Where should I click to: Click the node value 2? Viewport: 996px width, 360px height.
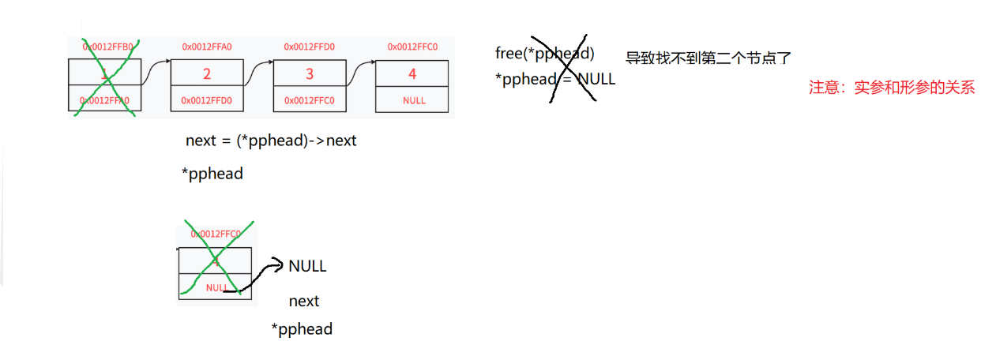point(207,74)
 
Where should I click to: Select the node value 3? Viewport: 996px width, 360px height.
point(309,74)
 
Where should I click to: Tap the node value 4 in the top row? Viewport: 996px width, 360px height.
point(412,74)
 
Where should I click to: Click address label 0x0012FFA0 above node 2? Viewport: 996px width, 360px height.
point(207,47)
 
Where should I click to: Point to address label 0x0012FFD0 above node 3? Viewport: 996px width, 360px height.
point(309,47)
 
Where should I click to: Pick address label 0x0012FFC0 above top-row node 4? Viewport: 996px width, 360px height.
point(412,47)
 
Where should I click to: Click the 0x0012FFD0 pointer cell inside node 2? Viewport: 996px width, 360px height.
point(207,100)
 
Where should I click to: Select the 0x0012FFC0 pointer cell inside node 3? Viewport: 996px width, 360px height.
point(309,100)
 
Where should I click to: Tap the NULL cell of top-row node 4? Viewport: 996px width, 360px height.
point(413,100)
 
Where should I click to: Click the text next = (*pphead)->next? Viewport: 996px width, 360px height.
point(271,141)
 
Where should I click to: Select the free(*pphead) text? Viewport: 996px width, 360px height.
point(544,54)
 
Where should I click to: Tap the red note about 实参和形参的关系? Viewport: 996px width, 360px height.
point(892,88)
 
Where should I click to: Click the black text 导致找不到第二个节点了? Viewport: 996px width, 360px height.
point(708,58)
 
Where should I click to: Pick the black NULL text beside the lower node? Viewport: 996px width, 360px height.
point(307,266)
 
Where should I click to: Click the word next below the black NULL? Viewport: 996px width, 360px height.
point(304,301)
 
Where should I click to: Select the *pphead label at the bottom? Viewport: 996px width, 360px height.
point(301,328)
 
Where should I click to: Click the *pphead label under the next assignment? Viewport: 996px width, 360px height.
point(212,174)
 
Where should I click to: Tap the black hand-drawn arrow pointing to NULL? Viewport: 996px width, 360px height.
point(254,278)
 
